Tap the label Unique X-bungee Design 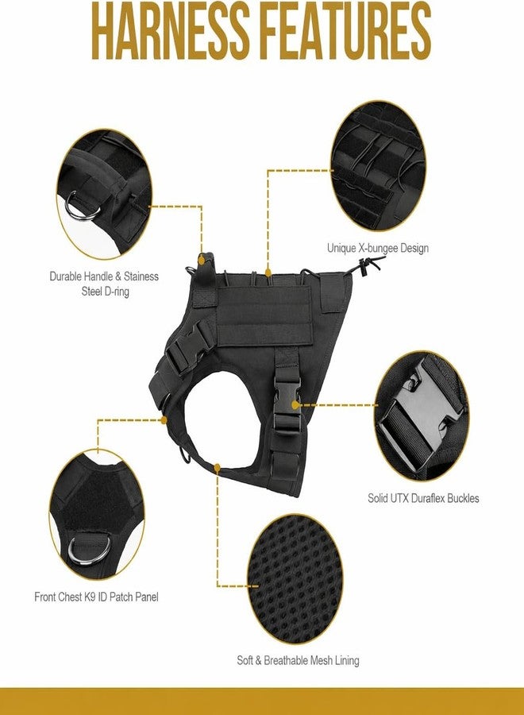point(378,249)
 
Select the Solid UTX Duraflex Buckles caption point(423,498)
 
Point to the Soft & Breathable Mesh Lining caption point(298,660)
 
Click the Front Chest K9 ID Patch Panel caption point(97,597)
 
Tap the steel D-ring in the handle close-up point(83,207)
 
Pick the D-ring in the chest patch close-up point(89,551)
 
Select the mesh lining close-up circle point(295,579)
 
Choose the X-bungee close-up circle point(378,165)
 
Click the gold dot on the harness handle point(202,260)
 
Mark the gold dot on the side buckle point(295,405)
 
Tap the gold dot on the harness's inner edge point(218,467)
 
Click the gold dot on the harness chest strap point(164,419)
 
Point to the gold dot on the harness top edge point(268,272)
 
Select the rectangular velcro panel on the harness point(264,316)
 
